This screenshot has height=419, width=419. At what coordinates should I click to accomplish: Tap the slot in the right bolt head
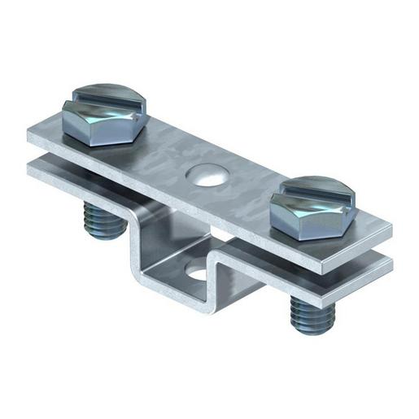coord(316,194)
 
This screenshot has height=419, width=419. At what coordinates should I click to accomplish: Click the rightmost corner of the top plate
coord(391,232)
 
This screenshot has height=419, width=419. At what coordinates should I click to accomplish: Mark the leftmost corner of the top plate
coord(28,137)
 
